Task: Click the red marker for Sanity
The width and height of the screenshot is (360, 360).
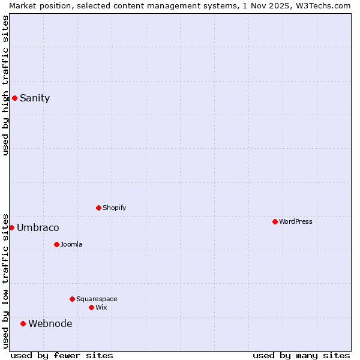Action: [14, 98]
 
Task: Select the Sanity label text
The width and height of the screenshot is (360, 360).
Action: [35, 98]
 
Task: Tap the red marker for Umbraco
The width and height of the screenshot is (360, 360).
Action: [11, 227]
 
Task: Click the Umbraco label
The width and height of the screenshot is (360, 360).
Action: [38, 228]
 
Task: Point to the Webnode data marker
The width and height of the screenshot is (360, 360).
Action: [23, 323]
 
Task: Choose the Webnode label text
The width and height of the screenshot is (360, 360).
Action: [50, 324]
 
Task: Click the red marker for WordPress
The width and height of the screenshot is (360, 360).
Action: [275, 221]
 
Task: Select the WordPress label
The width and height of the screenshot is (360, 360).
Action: [296, 222]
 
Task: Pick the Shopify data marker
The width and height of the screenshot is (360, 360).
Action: [98, 208]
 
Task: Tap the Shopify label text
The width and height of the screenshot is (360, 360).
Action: [115, 208]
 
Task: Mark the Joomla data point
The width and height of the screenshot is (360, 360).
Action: [56, 244]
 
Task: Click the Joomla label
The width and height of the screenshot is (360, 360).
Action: [71, 245]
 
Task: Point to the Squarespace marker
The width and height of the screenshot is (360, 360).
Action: [72, 299]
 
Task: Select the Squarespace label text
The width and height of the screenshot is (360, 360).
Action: [97, 299]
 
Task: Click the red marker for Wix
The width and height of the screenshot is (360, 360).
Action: [91, 307]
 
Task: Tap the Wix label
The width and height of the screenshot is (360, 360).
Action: [101, 308]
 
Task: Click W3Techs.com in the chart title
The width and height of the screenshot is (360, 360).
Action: [326, 5]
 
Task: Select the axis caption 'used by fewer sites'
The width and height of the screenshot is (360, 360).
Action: [62, 355]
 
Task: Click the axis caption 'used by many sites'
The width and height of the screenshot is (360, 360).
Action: [301, 355]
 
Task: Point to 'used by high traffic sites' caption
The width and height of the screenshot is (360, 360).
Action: [5, 85]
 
